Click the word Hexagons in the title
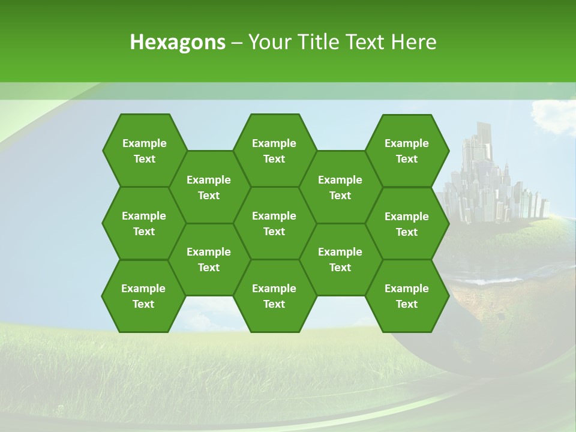pos(178,42)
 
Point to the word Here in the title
pos(414,42)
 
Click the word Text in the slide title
pos(366,42)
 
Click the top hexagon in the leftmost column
pos(144,151)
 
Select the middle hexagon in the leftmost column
pos(144,223)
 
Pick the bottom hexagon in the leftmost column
pos(143,296)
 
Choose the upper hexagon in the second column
pos(209,187)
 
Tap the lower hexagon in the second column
pos(209,259)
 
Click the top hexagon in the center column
pos(274,151)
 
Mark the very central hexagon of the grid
pos(274,223)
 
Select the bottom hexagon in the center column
pos(274,296)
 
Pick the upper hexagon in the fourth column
pos(340,187)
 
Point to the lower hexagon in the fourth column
pos(340,259)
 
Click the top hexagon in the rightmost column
pos(407,151)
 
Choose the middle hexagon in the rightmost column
pos(407,224)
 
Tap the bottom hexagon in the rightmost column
pos(407,296)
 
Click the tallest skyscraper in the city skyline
pos(484,150)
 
